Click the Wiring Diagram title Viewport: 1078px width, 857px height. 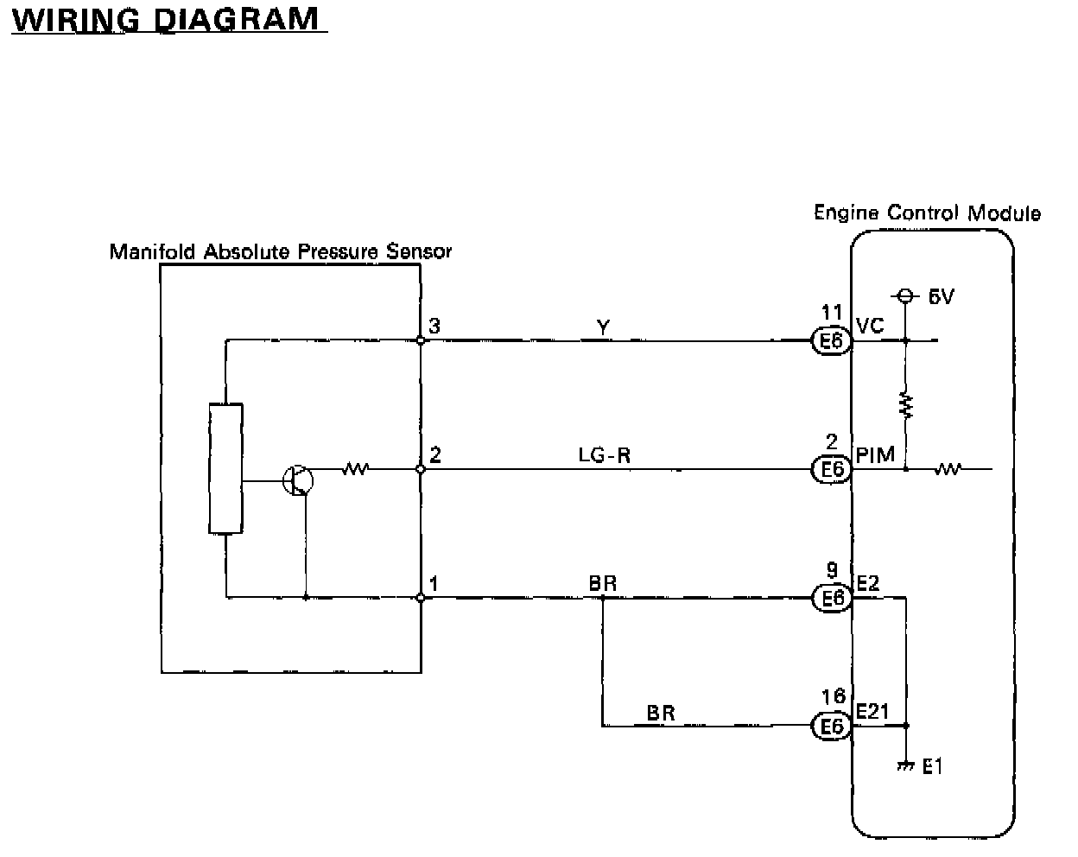[164, 19]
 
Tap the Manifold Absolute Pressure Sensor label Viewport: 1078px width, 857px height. [280, 251]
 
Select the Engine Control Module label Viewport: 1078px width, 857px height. [927, 213]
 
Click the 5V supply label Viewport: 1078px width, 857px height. [941, 297]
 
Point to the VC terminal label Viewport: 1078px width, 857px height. [870, 325]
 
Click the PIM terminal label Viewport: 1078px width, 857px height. [875, 454]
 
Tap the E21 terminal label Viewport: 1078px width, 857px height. [872, 710]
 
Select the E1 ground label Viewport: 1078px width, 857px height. [933, 766]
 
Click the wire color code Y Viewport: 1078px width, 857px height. [603, 327]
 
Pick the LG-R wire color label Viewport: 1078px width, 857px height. [605, 454]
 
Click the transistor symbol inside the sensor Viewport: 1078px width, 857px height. [297, 479]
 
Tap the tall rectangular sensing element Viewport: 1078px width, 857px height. [225, 468]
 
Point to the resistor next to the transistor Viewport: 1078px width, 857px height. [355, 469]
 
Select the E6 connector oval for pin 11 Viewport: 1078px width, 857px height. [832, 342]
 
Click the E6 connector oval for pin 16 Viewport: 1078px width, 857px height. [832, 727]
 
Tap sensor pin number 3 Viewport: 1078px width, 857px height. [434, 326]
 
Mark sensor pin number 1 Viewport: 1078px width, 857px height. [434, 583]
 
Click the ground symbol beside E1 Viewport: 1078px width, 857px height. [905, 765]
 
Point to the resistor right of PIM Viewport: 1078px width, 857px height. [948, 469]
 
